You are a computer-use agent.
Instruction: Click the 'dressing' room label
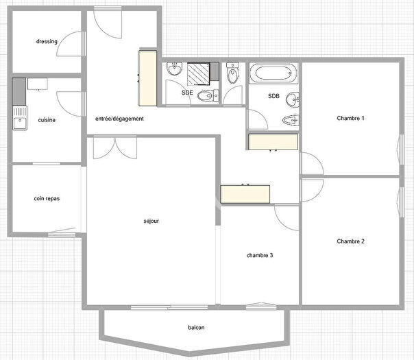[47, 41]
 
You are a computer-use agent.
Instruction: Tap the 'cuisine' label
[47, 120]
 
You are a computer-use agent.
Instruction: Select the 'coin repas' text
[47, 199]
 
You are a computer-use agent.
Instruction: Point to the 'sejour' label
[151, 221]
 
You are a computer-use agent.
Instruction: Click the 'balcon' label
[196, 328]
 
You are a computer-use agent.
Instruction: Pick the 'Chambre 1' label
[350, 118]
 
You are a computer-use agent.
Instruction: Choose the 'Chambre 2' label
[350, 241]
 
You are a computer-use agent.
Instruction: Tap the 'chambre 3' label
[260, 255]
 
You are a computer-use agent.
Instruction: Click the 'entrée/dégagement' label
[119, 119]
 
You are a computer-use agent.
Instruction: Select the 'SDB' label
[273, 96]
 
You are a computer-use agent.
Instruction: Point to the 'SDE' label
[187, 93]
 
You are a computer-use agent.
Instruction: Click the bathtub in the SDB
[273, 73]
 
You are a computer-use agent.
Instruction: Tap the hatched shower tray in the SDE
[198, 74]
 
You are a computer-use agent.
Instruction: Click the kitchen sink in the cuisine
[20, 118]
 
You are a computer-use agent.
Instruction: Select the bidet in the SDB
[291, 121]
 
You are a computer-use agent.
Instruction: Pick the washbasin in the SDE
[175, 69]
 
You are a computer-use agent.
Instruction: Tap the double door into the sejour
[115, 147]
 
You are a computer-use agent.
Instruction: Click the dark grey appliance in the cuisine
[19, 91]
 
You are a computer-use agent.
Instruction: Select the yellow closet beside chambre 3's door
[245, 194]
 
